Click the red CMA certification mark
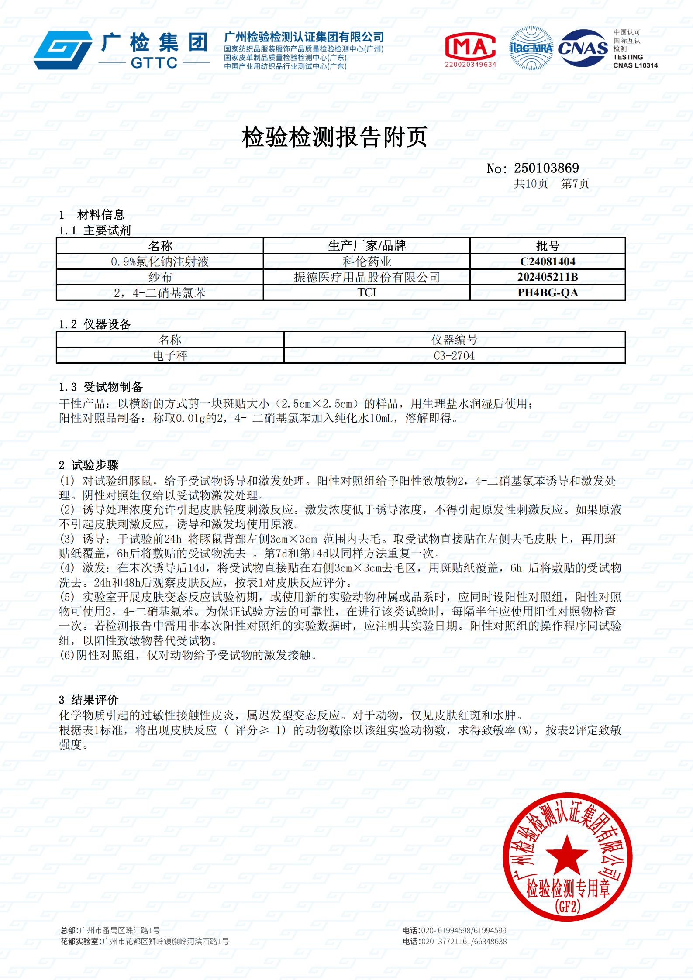click(x=470, y=47)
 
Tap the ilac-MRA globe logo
click(x=531, y=48)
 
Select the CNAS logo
click(x=583, y=48)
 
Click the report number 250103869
click(x=546, y=168)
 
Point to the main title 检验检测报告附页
click(x=334, y=137)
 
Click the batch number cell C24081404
click(x=548, y=261)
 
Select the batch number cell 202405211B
click(x=548, y=277)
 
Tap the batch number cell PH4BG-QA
click(x=548, y=292)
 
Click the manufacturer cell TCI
click(x=366, y=292)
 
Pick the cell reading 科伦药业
click(x=366, y=261)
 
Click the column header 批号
click(x=548, y=246)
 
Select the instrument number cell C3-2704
click(x=454, y=356)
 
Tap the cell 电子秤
click(x=170, y=356)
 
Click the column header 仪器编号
click(x=454, y=340)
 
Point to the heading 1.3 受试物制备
click(x=101, y=387)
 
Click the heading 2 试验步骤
click(x=89, y=465)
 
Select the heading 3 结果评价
click(x=89, y=701)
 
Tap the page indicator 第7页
click(x=575, y=184)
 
